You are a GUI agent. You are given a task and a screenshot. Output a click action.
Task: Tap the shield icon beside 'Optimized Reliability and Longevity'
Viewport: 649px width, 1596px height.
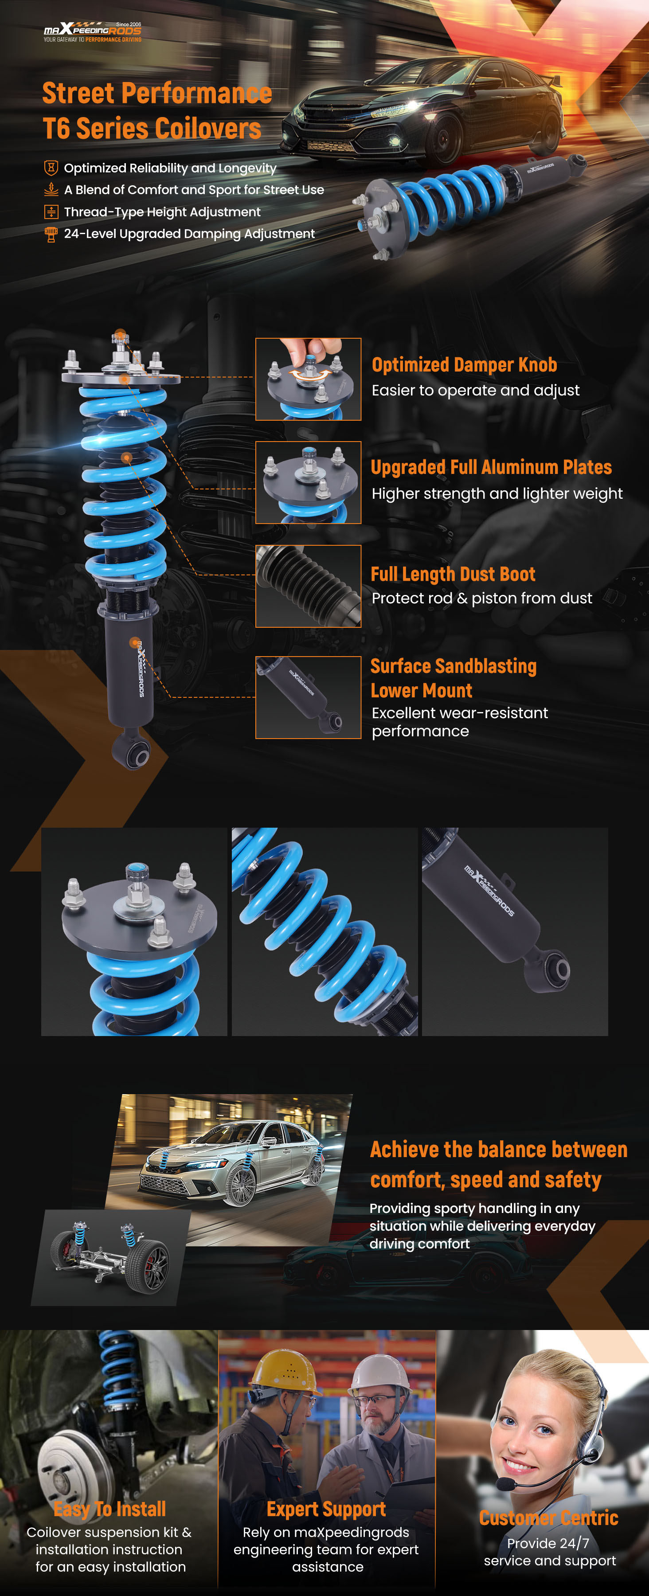point(51,168)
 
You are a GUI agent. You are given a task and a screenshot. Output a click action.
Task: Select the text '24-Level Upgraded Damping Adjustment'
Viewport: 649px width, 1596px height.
point(189,234)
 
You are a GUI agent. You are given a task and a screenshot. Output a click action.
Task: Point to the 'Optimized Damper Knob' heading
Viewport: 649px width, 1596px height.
point(464,365)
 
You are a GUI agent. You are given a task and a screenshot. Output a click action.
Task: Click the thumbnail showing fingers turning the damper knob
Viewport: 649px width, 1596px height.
point(309,379)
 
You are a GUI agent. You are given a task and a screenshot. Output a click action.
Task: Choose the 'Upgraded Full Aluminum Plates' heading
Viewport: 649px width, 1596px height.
point(491,467)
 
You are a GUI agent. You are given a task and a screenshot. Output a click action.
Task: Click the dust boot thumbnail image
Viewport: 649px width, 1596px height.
point(309,586)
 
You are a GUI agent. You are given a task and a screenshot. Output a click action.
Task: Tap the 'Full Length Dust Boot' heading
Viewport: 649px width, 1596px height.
point(453,574)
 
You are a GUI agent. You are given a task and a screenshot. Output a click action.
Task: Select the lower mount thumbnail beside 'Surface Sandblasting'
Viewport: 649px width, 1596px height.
point(309,698)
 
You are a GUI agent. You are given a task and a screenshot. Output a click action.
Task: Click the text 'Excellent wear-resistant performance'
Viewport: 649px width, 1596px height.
point(460,722)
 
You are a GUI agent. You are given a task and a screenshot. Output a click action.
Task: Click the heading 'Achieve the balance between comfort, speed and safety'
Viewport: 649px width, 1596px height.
point(499,1164)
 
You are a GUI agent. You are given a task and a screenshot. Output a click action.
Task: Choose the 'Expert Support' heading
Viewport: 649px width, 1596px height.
point(326,1509)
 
